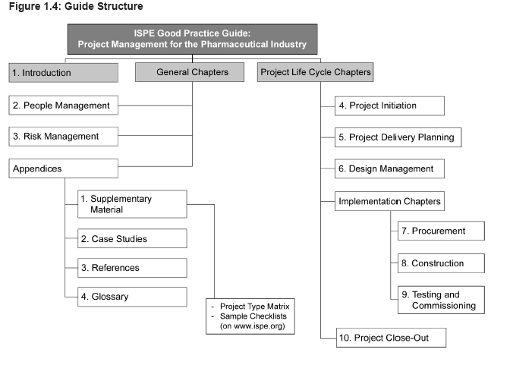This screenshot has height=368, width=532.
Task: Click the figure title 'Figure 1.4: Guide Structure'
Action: tap(76, 6)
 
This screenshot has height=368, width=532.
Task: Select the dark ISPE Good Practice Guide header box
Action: tap(192, 39)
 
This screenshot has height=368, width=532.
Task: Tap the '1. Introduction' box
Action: tap(64, 73)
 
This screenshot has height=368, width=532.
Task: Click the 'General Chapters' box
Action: tap(190, 72)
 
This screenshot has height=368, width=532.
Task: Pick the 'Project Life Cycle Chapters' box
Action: tap(315, 72)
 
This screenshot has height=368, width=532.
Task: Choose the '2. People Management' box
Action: tap(64, 105)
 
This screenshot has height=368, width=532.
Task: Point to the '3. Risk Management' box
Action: tap(64, 137)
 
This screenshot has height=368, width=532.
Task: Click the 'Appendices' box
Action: tap(64, 168)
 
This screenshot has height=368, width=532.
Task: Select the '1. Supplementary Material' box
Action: tap(132, 204)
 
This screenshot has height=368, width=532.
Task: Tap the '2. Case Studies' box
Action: tap(132, 238)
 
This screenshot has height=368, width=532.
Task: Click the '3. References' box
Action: tap(132, 268)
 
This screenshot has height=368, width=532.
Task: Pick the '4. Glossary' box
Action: tap(132, 297)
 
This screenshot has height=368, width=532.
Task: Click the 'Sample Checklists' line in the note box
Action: tap(253, 316)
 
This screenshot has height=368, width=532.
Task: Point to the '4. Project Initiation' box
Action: tap(389, 105)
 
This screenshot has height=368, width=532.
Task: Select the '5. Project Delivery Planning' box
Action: tap(398, 137)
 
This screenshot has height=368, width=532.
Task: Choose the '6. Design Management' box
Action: tap(389, 168)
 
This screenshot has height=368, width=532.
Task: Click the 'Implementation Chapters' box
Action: tap(389, 201)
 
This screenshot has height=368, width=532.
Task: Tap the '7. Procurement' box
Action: tap(441, 231)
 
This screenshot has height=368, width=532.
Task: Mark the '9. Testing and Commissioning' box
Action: tap(441, 300)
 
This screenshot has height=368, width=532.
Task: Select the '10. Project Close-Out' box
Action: tap(391, 338)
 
